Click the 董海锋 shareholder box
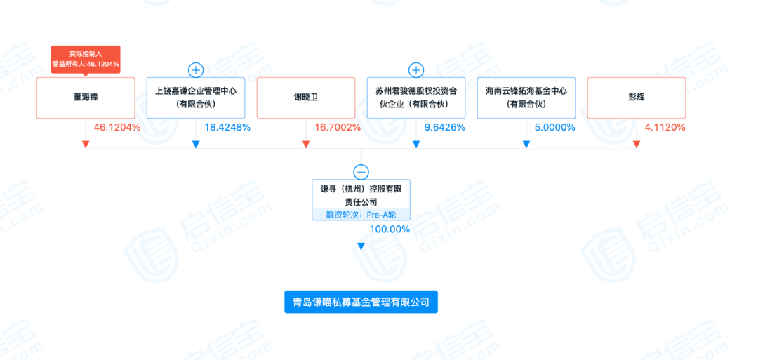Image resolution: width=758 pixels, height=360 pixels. click(x=85, y=98)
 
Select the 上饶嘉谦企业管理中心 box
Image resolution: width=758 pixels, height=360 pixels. click(x=196, y=98)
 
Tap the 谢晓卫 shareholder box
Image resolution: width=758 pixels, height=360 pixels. click(x=306, y=98)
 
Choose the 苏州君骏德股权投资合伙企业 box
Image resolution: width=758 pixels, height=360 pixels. click(x=416, y=98)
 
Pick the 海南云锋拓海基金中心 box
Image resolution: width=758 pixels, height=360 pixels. click(x=526, y=98)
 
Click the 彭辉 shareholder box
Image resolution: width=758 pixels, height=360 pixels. click(x=636, y=98)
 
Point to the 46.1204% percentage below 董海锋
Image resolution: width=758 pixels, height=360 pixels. click(x=117, y=128)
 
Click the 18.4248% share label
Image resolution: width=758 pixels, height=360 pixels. click(x=227, y=128)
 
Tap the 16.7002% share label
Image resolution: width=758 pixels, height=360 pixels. click(x=338, y=128)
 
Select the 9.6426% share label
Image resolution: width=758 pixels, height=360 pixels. click(x=445, y=128)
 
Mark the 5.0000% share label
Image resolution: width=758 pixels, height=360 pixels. click(x=555, y=128)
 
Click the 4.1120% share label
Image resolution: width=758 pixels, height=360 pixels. click(x=665, y=128)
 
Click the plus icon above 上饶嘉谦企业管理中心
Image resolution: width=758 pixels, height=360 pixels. click(x=196, y=69)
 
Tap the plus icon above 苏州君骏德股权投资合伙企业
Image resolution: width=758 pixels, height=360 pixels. click(x=416, y=69)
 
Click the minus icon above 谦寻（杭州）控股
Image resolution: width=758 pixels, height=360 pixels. click(x=361, y=172)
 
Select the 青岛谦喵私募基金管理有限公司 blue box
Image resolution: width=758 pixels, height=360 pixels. click(x=361, y=302)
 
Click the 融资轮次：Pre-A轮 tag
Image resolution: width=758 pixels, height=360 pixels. click(x=361, y=215)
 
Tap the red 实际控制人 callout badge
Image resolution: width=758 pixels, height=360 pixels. click(x=86, y=58)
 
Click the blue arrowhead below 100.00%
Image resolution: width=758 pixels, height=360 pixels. click(x=361, y=246)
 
